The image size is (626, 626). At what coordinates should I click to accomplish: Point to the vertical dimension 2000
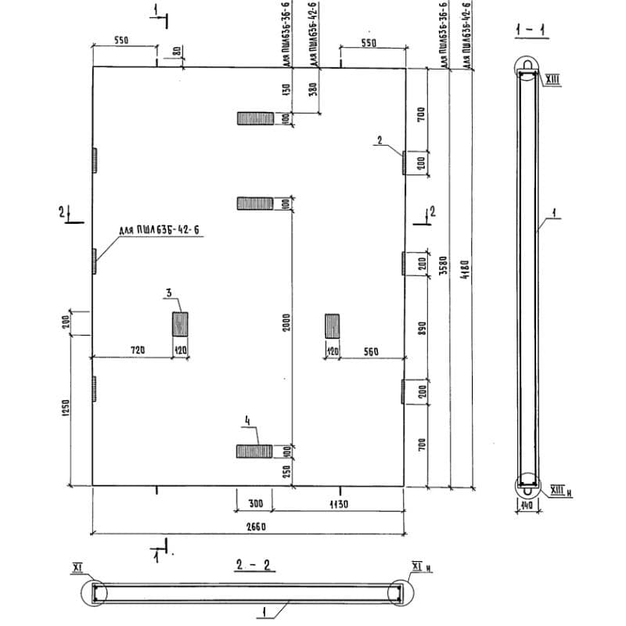286,324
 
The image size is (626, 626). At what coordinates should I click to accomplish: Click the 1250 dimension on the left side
66,408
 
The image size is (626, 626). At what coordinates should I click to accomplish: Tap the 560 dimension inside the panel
370,351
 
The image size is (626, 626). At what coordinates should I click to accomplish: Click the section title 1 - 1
531,31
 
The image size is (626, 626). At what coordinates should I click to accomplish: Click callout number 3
168,293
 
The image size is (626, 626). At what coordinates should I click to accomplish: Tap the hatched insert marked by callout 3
180,324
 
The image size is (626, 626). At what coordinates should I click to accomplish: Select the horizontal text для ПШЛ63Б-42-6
154,230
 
